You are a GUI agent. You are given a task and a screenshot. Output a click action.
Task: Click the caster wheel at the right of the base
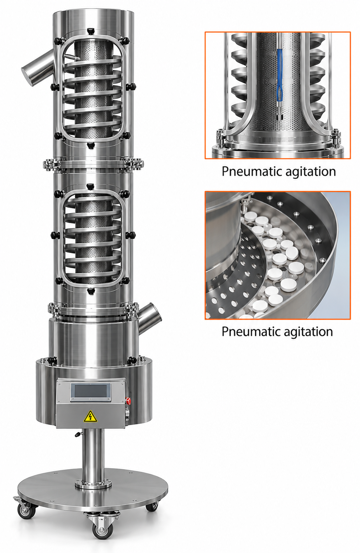tap(152, 507)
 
